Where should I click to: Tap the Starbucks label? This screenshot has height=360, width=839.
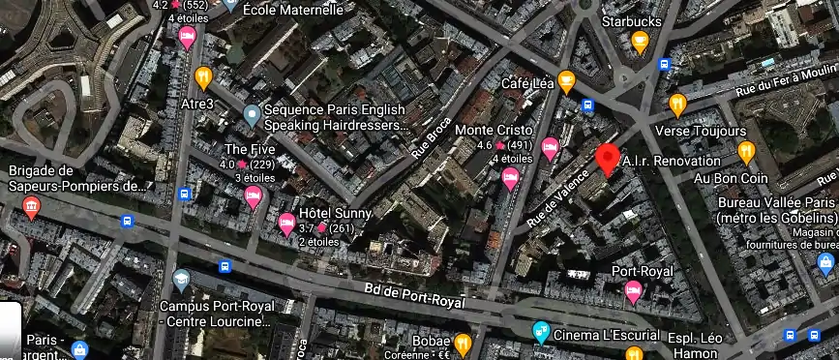click(633, 19)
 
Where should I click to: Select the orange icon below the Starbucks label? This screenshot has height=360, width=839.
click(640, 42)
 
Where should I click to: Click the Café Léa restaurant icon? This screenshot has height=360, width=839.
click(566, 80)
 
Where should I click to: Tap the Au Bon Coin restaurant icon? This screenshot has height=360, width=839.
click(746, 152)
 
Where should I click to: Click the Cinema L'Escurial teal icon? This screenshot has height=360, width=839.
click(543, 334)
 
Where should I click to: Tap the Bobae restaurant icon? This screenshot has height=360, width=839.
click(464, 343)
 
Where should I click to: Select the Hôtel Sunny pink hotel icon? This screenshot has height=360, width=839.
click(286, 225)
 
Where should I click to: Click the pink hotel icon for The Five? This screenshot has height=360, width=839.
click(254, 197)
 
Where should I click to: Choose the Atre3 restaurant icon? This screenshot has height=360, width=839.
click(203, 77)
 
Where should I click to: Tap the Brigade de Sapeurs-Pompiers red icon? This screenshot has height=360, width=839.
click(31, 207)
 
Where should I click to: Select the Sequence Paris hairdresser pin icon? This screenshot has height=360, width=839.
click(252, 117)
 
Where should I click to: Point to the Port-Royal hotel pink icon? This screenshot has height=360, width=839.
click(633, 292)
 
